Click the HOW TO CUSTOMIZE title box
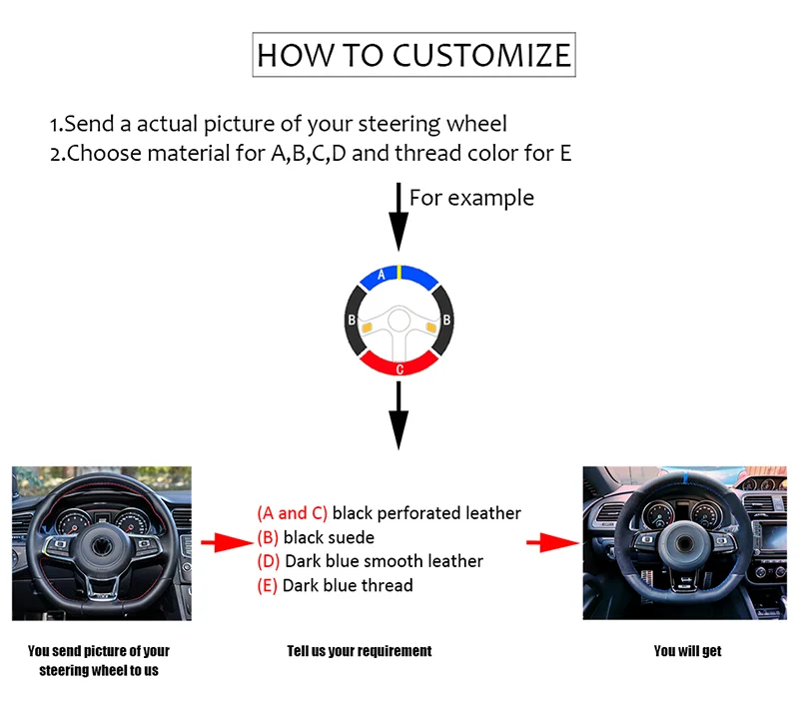pyautogui.click(x=413, y=54)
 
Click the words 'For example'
pyautogui.click(x=471, y=198)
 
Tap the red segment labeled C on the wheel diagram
pyautogui.click(x=399, y=365)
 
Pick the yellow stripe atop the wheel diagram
pyautogui.click(x=399, y=271)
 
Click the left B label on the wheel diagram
pyautogui.click(x=352, y=321)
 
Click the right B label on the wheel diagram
pyautogui.click(x=447, y=321)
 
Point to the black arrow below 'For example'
pyautogui.click(x=399, y=216)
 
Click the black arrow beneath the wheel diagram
pyautogui.click(x=399, y=414)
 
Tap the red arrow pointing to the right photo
pyautogui.click(x=552, y=542)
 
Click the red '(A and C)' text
pyautogui.click(x=292, y=513)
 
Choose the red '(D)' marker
pyautogui.click(x=269, y=561)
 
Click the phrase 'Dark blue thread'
pyautogui.click(x=348, y=585)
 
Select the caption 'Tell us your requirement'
pyautogui.click(x=360, y=651)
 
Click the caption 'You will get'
pyautogui.click(x=687, y=651)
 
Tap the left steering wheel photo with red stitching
pyautogui.click(x=102, y=542)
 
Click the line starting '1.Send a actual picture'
pyautogui.click(x=279, y=125)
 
